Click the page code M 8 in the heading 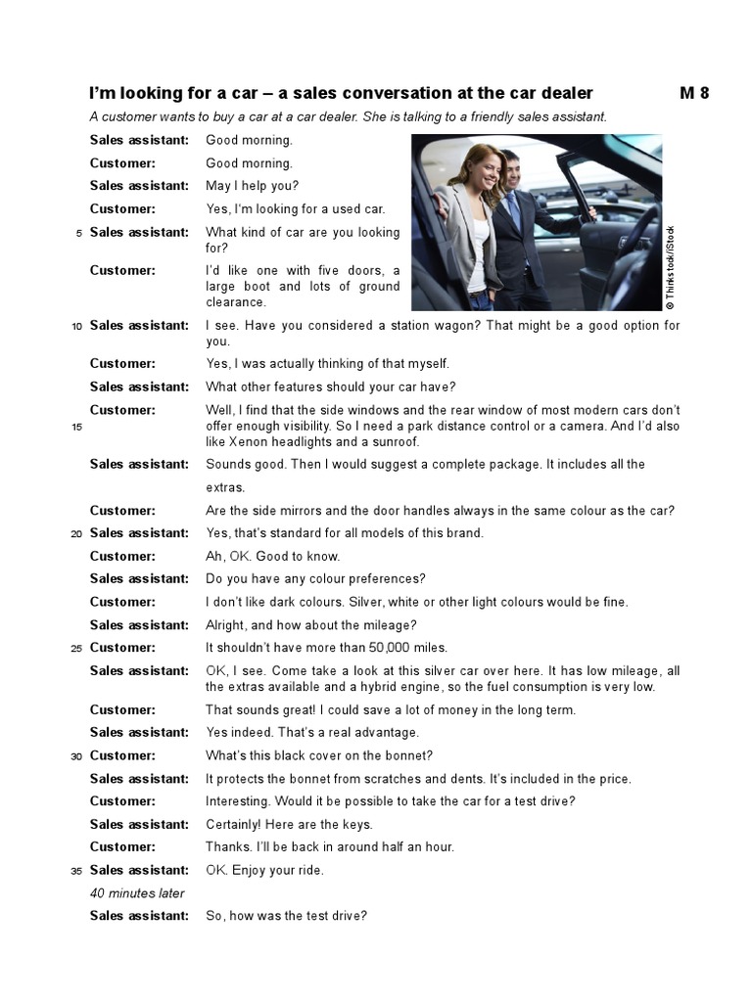coord(693,94)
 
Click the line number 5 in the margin coord(78,233)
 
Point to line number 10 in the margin coord(76,326)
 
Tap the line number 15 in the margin coord(76,427)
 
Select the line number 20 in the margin coord(76,534)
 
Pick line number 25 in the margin coord(76,648)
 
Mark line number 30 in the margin coord(76,756)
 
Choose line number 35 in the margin coord(76,871)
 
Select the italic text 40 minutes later coord(137,893)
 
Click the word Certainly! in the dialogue coord(235,825)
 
